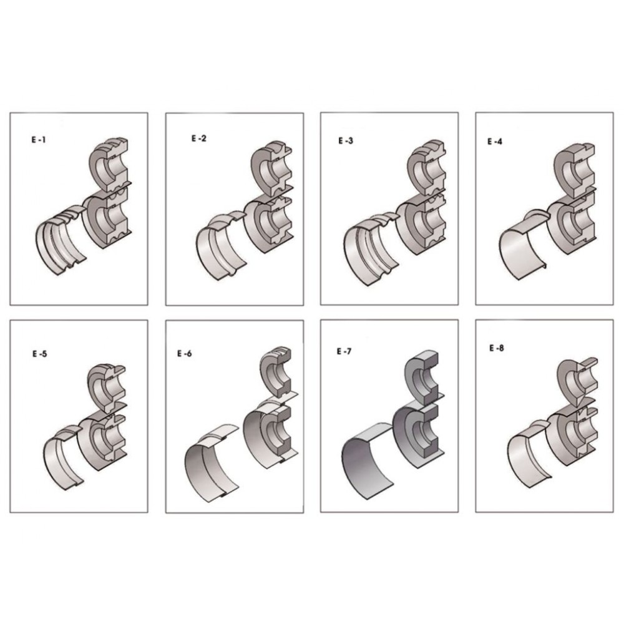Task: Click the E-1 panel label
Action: click(x=39, y=140)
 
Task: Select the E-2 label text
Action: click(x=198, y=139)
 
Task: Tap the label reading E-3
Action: click(x=346, y=140)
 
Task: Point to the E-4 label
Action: click(x=495, y=141)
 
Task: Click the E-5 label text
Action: click(x=39, y=353)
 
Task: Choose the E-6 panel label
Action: click(x=184, y=353)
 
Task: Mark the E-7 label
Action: click(x=344, y=351)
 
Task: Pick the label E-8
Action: click(x=496, y=348)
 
